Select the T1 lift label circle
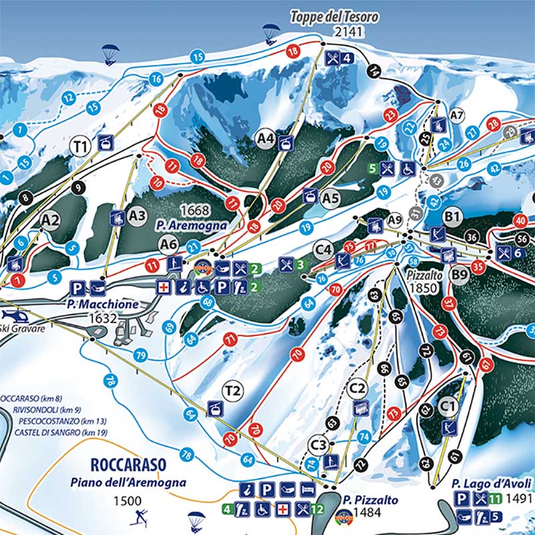click(82, 144)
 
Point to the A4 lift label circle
click(266, 138)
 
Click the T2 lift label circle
click(233, 391)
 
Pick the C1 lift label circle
click(448, 405)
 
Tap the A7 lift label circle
click(457, 116)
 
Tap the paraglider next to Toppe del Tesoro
click(271, 31)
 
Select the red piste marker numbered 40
click(521, 221)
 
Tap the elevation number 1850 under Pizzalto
click(423, 288)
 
